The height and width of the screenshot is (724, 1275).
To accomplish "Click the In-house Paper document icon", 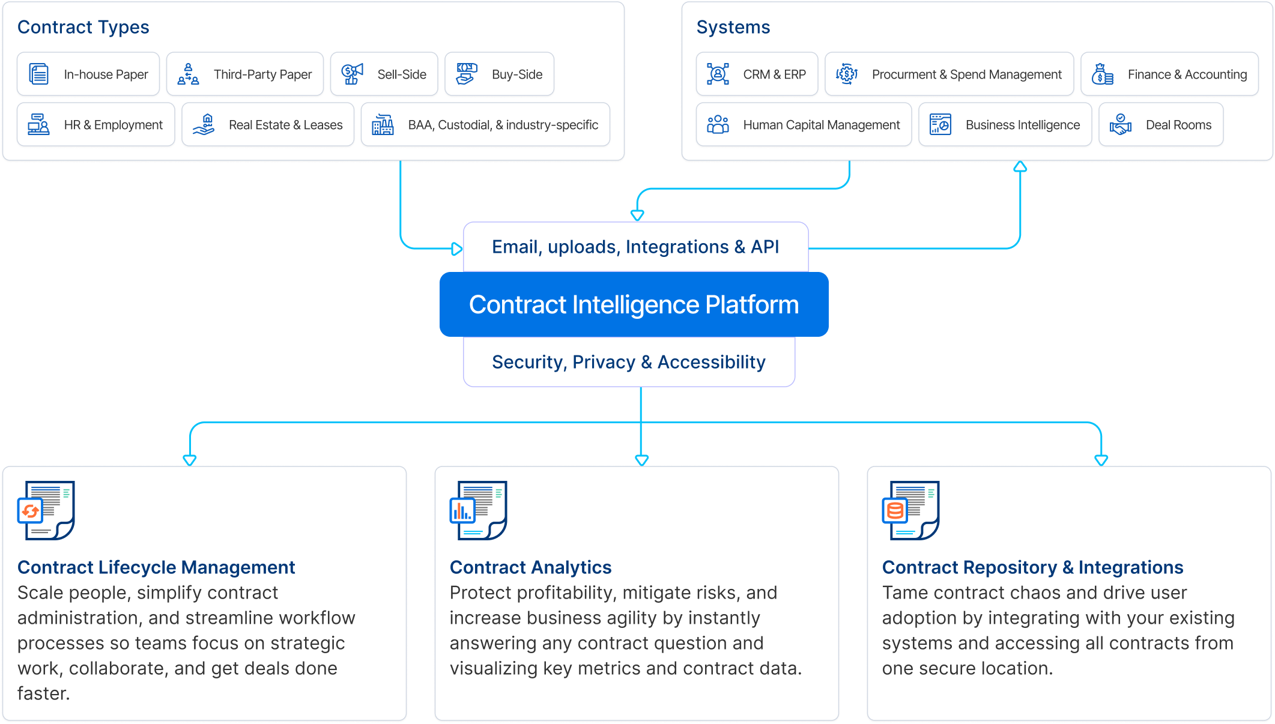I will coord(39,74).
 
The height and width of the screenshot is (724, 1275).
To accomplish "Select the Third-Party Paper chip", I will coord(245,74).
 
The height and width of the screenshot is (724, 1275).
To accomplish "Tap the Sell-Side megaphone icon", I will coord(353,74).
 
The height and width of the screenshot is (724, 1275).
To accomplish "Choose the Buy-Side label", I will coord(516,74).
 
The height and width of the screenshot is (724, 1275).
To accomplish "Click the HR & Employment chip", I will coord(96,125).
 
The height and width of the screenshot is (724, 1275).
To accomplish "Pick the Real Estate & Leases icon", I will coord(204,125).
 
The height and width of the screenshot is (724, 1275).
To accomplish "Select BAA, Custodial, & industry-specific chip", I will coord(485,125).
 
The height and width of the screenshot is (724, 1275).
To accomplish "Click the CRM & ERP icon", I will coord(718,74).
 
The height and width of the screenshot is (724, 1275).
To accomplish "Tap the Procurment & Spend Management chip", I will coord(949,74).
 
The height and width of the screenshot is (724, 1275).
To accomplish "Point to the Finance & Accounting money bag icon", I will coord(1103,74).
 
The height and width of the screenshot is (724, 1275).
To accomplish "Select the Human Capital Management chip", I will coord(804,125).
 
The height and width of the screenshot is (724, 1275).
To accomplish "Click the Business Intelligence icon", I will coord(940,125).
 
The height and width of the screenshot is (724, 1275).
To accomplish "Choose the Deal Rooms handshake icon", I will coord(1121,125).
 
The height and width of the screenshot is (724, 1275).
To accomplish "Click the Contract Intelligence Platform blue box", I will coord(634,305).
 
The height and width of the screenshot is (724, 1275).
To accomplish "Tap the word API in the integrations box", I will coord(765,247).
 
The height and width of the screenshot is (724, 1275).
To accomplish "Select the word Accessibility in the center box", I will coord(711,362).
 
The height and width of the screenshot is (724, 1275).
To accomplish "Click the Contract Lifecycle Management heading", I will coord(156,567).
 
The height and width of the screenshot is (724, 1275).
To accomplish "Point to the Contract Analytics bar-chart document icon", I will coord(478,510).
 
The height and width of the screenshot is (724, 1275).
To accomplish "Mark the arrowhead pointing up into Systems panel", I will coord(1020,167).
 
